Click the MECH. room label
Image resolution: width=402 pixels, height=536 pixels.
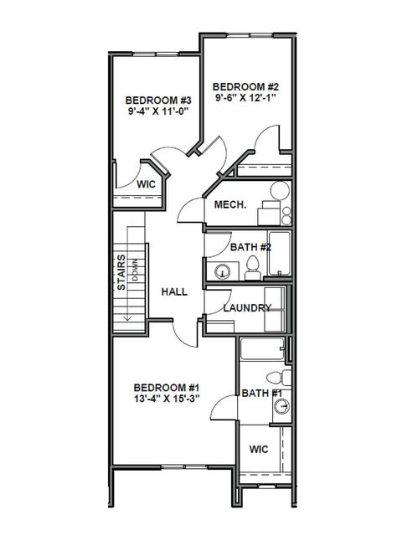[229, 205]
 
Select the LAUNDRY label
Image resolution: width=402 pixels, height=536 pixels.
[247, 307]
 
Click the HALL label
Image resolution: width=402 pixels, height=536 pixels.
[173, 291]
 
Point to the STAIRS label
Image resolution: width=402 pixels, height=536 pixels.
[121, 272]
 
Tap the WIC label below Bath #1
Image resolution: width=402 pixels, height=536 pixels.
[259, 450]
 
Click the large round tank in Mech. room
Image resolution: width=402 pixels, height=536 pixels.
[279, 192]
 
